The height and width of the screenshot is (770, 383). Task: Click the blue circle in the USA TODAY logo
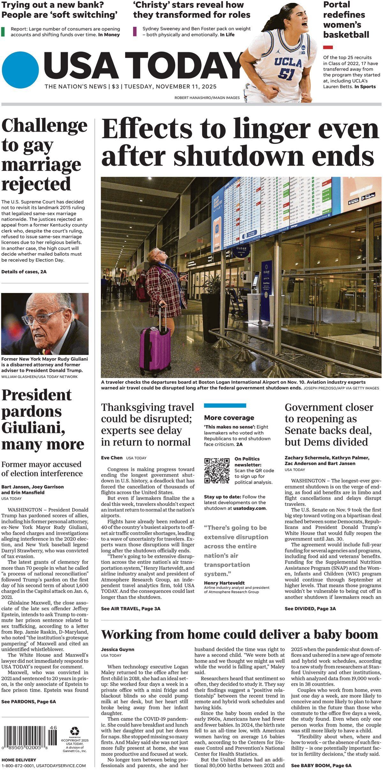coord(20,70)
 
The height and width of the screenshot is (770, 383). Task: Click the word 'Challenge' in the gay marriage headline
coord(44,126)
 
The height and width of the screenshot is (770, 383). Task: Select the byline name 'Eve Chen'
coord(112,458)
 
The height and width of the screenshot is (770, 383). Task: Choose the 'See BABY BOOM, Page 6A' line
coord(321,763)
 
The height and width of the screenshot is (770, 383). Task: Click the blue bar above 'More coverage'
coord(225,405)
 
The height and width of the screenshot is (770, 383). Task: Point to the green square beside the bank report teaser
coord(3,32)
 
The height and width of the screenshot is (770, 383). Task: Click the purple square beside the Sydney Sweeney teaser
coord(135,31)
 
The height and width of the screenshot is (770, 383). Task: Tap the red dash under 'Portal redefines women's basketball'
coord(328,47)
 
